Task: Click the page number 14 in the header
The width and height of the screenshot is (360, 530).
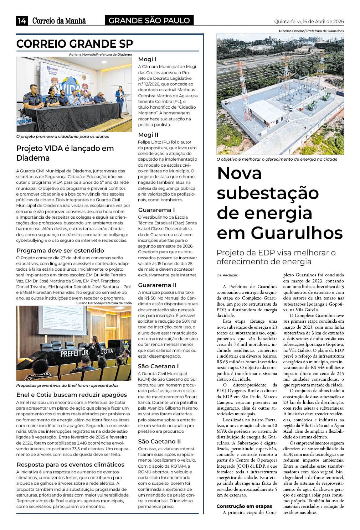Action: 22,21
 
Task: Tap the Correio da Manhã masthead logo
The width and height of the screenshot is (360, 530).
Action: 59,21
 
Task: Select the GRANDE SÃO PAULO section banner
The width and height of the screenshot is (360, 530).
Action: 149,21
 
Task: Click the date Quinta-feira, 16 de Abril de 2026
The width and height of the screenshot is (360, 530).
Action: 309,21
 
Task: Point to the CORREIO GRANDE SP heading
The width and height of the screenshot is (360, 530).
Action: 74,44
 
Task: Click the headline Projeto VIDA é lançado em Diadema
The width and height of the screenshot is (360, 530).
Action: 65,153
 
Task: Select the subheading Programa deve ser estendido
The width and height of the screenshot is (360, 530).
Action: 60,250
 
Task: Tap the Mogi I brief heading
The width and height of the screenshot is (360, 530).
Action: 147,59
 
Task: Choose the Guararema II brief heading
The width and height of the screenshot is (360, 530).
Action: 157,285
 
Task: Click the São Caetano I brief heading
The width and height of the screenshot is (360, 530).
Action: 158,366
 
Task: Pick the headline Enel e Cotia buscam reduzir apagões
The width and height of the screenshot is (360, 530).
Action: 72,395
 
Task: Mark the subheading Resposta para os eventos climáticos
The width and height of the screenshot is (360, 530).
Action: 70,464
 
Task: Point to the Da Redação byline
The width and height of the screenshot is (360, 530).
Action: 227,275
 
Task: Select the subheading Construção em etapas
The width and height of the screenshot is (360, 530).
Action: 244,506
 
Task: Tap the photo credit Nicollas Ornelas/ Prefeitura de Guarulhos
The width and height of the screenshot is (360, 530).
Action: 311,31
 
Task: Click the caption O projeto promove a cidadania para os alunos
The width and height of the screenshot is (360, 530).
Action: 63,136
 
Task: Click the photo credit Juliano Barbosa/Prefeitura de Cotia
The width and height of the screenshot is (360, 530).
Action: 103,303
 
